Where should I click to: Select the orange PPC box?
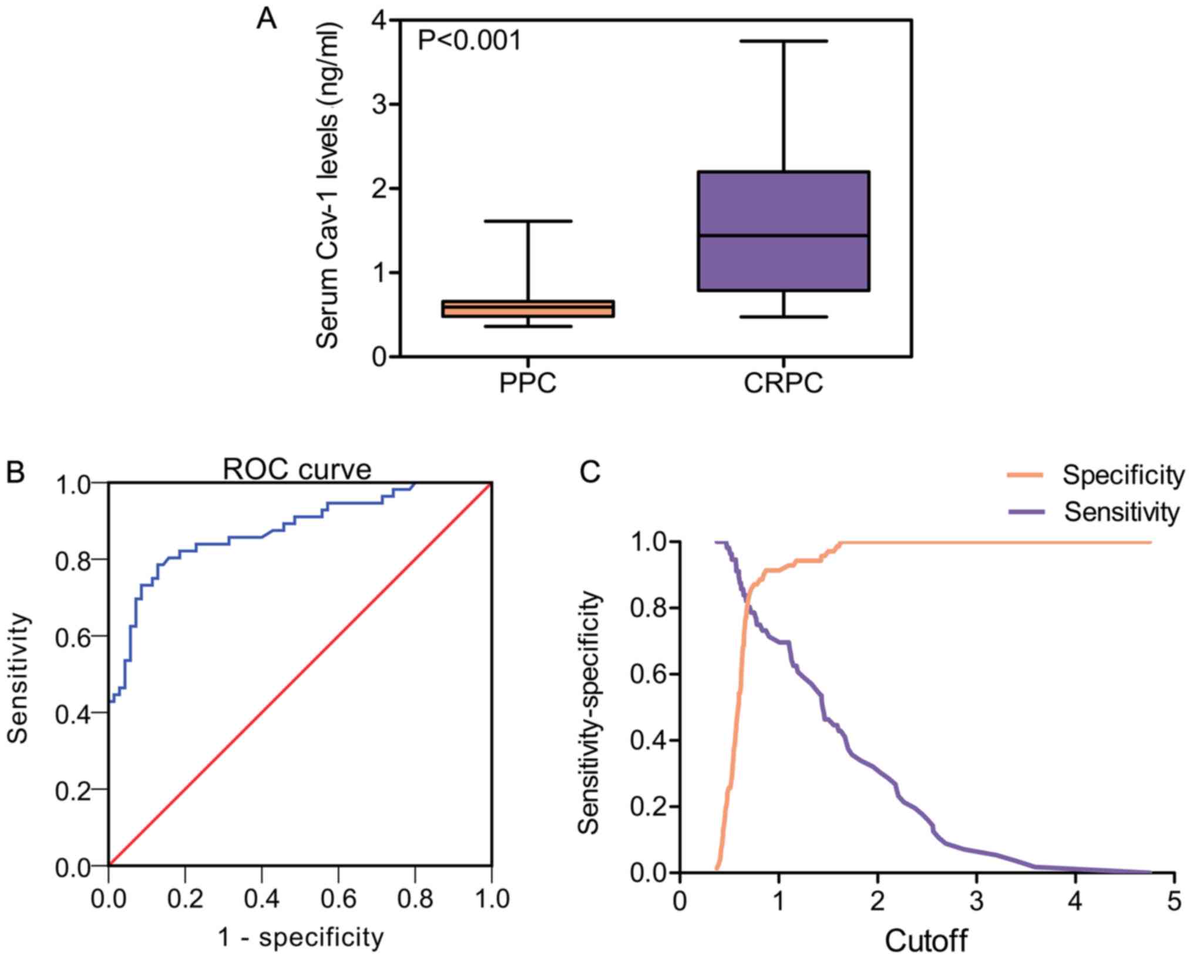[527, 309]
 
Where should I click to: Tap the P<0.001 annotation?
[469, 42]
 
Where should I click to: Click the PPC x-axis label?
[527, 385]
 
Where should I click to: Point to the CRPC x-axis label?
[784, 385]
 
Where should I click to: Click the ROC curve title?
[297, 470]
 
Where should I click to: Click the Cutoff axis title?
[926, 941]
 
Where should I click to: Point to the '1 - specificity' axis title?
[301, 938]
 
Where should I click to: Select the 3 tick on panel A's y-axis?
[380, 105]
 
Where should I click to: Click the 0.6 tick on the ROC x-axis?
[338, 899]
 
